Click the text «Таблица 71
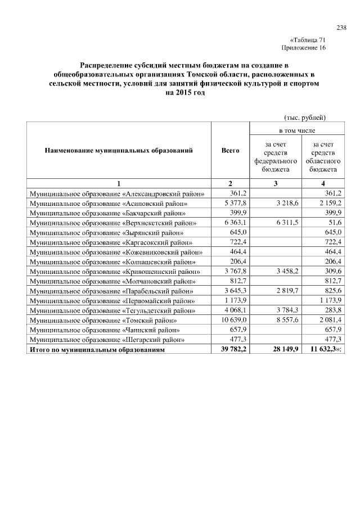point(307,40)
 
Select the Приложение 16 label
point(307,48)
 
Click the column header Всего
point(231,151)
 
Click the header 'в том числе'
point(296,130)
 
